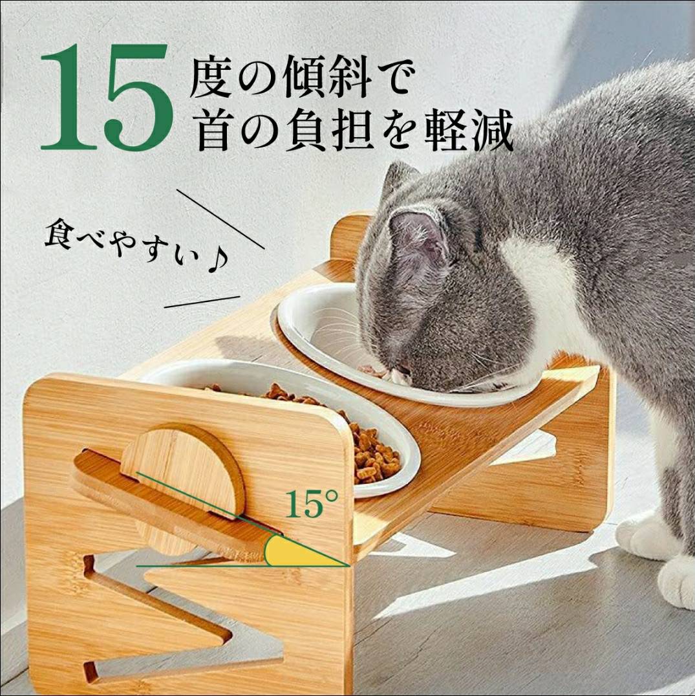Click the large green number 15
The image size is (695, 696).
coord(107,97)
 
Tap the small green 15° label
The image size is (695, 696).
coord(312,505)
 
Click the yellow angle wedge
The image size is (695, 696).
coord(301,552)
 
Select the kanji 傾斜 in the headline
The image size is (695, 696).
coord(327,78)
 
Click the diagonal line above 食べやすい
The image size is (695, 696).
coord(220,219)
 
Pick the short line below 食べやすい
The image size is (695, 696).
coord(202,301)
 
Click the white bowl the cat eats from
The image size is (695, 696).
coord(337,342)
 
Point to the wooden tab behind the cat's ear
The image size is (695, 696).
coord(350,237)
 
